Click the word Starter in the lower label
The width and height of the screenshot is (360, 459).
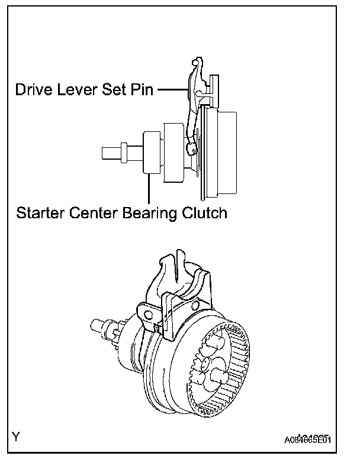pyautogui.click(x=41, y=212)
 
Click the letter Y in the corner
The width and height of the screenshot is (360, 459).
pyautogui.click(x=17, y=438)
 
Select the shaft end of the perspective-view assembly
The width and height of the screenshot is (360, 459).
pyautogui.click(x=95, y=324)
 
